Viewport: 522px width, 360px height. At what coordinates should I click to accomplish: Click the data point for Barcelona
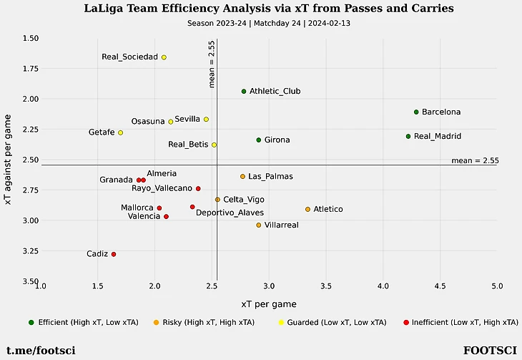coord(416,112)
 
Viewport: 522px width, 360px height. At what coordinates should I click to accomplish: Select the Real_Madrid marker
coord(408,136)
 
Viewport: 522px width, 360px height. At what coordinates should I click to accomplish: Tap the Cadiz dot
coord(114,254)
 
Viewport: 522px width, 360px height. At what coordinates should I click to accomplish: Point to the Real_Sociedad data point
coord(164,57)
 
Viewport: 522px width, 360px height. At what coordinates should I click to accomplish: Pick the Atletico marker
coord(308,209)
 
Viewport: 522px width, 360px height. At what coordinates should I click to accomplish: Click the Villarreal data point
coord(259,225)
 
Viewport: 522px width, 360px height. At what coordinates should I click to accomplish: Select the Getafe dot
coord(121,132)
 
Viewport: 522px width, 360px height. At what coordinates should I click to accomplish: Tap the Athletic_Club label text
coord(275,92)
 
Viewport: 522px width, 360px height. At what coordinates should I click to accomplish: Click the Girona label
coord(277,140)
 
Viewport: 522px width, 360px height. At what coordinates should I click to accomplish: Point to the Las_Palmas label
coord(271,177)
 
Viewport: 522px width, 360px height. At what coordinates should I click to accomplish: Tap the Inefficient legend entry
coord(458,323)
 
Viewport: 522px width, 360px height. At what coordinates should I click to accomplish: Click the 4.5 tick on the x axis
coord(440,286)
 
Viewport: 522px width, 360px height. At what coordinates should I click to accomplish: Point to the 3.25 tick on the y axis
coord(28,251)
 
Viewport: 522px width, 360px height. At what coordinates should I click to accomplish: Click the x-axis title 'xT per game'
coord(269,304)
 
